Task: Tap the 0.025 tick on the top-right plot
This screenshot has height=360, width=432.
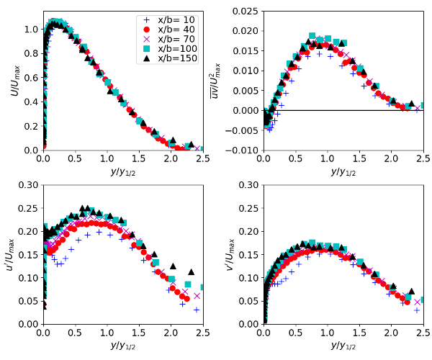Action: click(x=244, y=12)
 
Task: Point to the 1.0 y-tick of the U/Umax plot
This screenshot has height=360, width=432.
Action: click(x=30, y=30)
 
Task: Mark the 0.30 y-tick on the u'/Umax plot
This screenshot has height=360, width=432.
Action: click(x=27, y=184)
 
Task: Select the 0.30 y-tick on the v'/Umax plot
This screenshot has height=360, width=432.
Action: click(x=248, y=184)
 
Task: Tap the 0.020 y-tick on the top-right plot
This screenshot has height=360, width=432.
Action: click(x=244, y=31)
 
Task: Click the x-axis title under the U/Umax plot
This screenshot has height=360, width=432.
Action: click(x=122, y=172)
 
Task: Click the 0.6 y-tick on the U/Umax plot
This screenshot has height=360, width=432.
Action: click(x=30, y=78)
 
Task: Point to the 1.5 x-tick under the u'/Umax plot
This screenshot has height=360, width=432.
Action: click(x=138, y=333)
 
